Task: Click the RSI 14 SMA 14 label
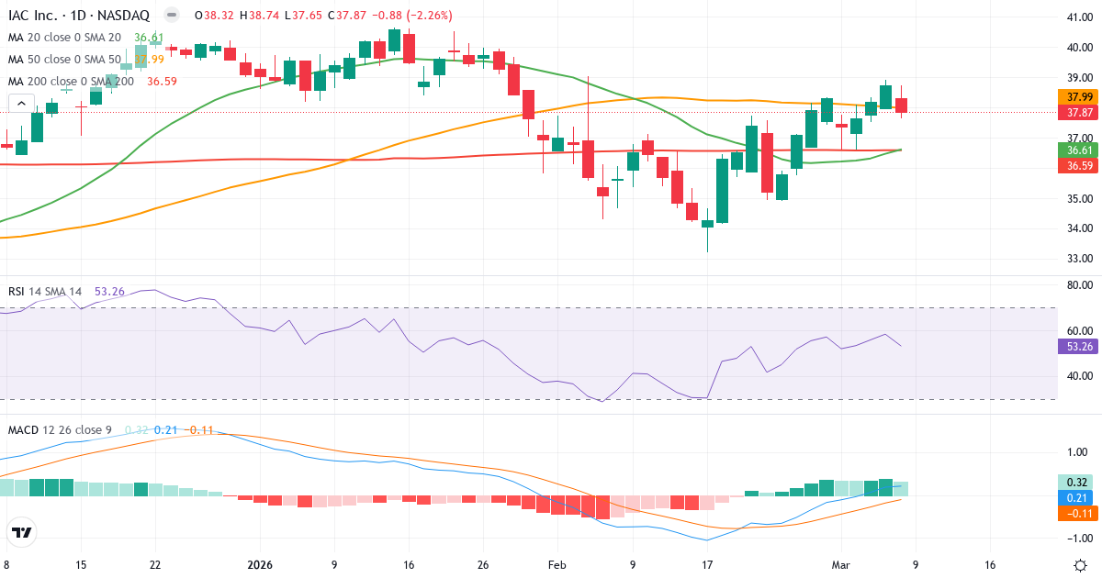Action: (45, 292)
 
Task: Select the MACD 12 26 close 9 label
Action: (61, 429)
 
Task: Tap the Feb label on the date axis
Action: (557, 565)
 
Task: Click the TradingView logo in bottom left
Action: (22, 532)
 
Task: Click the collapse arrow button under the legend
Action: (21, 104)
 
